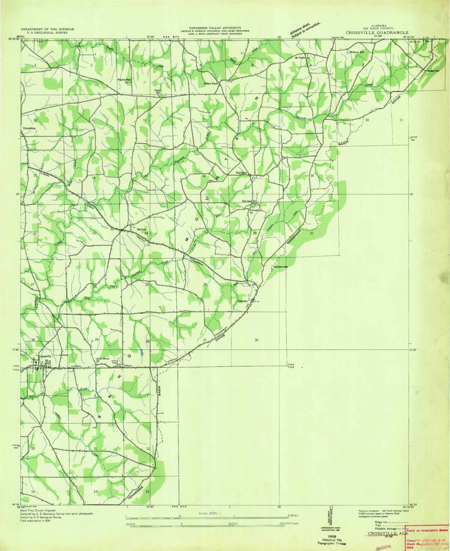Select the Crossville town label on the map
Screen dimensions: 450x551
pyautogui.click(x=45, y=356)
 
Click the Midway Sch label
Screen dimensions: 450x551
pyautogui.click(x=357, y=52)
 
